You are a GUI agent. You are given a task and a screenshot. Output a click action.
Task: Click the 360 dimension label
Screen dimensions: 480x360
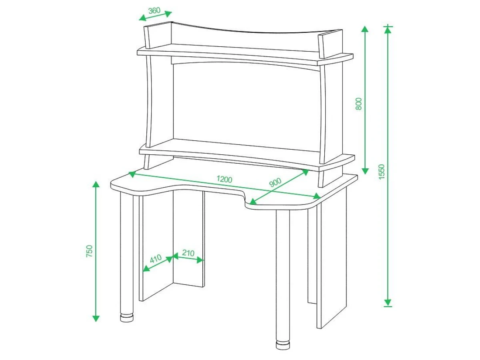point(154,10)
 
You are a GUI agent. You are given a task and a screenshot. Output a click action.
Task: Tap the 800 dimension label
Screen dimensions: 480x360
point(359,104)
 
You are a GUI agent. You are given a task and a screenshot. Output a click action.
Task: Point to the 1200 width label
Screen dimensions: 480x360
point(224,179)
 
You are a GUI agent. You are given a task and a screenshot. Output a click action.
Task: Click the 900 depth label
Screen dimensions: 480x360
point(275,182)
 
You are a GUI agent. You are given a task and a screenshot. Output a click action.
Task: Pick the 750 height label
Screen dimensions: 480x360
point(90,251)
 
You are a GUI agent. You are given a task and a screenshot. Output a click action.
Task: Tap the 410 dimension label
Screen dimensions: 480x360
point(156,258)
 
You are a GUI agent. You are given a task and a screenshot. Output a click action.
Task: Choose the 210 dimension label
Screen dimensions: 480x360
point(188,253)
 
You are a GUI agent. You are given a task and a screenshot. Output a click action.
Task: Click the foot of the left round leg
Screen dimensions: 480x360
point(127,318)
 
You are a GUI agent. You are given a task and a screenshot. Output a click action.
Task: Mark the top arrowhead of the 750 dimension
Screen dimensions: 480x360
point(96,185)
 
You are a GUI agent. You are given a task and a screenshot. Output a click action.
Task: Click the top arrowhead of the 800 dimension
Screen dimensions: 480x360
point(365,29)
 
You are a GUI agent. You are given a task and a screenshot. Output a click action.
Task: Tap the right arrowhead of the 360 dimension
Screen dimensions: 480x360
point(168,14)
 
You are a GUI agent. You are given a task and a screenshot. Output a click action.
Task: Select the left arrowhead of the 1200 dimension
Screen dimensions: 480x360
point(132,174)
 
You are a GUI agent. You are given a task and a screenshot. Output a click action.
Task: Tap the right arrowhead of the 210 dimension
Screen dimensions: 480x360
point(200,260)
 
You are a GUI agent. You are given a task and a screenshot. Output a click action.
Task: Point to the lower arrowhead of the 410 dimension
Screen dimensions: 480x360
point(146,269)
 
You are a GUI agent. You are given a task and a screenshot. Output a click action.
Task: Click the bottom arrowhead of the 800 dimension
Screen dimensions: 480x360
point(365,171)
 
